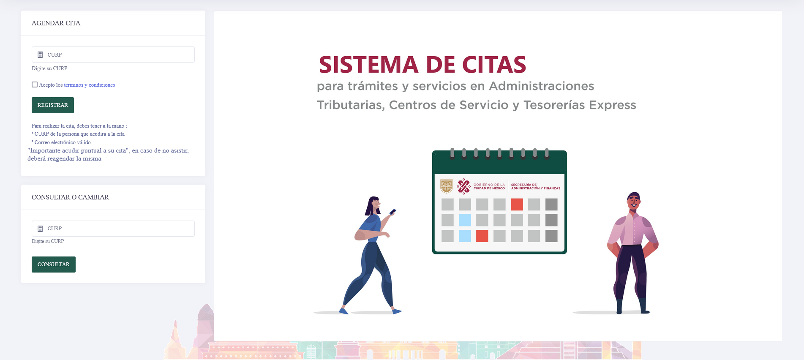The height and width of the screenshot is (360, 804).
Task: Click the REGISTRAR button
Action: [x=53, y=105]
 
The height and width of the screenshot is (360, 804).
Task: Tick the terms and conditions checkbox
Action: [x=35, y=85]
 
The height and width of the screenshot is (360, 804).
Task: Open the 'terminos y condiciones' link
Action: [x=89, y=85]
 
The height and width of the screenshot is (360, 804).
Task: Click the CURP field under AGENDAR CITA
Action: [x=113, y=55]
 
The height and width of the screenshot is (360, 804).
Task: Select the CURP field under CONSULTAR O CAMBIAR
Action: [x=113, y=229]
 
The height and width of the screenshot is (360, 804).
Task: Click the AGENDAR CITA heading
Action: [x=56, y=23]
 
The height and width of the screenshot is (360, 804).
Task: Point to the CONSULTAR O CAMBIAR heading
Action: [x=70, y=197]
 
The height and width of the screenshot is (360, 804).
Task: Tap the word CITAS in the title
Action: [x=494, y=65]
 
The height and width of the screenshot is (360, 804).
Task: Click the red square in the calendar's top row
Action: [x=517, y=205]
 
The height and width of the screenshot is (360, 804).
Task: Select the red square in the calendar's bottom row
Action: [x=482, y=236]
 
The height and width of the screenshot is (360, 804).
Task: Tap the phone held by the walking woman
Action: [x=393, y=212]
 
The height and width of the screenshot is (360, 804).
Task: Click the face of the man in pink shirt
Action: [x=634, y=202]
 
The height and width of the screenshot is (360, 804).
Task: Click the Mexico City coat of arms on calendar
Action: [x=447, y=186]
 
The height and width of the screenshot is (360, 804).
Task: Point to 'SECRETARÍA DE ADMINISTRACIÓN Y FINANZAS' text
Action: [x=536, y=186]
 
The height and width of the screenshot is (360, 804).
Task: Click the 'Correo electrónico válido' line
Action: [x=63, y=142]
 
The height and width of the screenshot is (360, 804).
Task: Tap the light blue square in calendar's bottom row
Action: [x=465, y=236]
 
